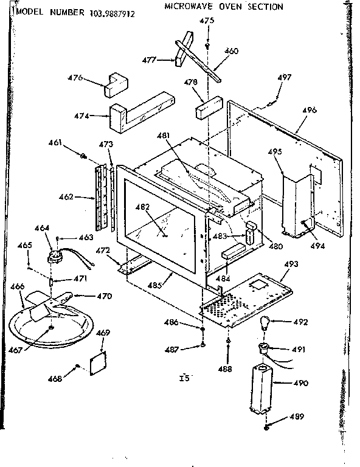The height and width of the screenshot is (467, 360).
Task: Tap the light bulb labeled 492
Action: [x=266, y=322]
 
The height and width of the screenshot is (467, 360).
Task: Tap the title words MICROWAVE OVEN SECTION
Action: [x=224, y=7]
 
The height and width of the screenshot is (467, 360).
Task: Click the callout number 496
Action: [x=310, y=110]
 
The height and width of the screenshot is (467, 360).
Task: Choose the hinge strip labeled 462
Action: [x=94, y=196]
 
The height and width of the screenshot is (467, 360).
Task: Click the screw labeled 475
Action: [x=208, y=46]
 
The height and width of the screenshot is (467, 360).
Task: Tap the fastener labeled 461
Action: [x=82, y=157]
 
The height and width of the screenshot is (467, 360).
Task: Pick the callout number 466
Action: [x=18, y=286]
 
